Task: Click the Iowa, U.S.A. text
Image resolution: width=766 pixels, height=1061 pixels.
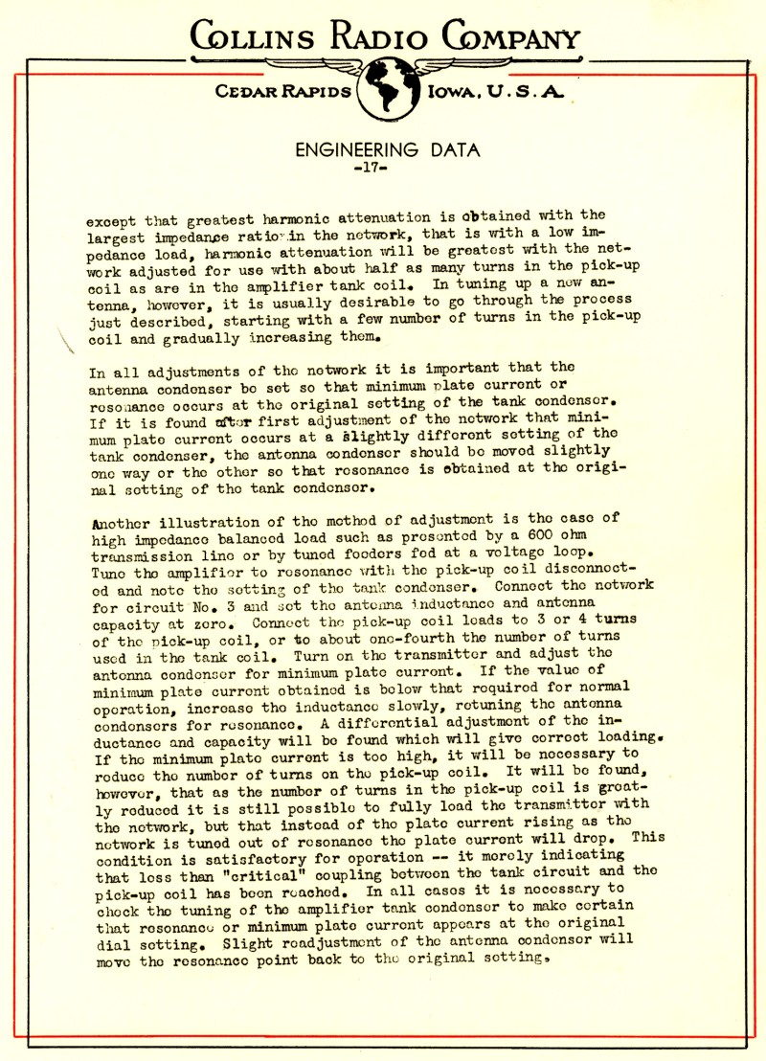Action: [496, 93]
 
